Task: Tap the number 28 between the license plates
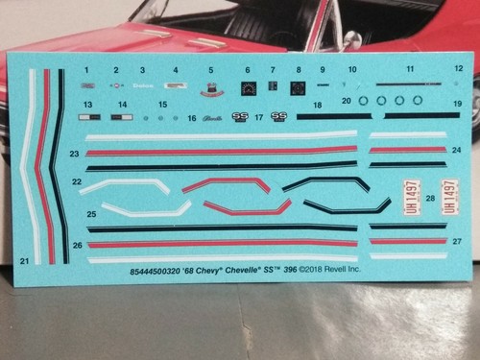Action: coord(429,199)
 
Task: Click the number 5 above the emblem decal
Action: coord(210,70)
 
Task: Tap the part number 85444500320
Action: coord(157,272)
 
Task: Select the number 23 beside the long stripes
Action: coord(75,154)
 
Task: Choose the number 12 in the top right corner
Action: coord(458,68)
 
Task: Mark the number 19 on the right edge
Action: coord(458,103)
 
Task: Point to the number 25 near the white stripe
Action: coord(91,214)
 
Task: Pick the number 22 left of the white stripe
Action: coord(76,181)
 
